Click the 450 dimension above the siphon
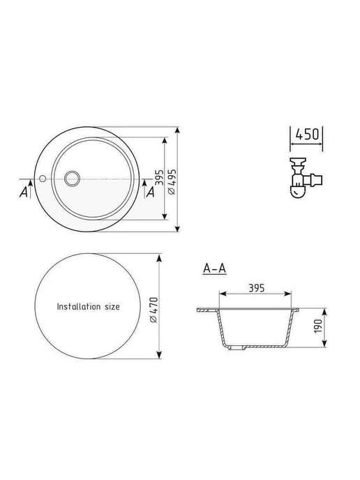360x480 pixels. pos(307,134)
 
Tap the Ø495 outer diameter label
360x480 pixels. pos(172,182)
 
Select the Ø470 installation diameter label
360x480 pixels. pos(153,310)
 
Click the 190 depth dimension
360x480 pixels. pos(318,326)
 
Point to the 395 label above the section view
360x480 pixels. pos(256,288)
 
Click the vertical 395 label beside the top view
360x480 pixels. pos(160,178)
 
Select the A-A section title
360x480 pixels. pos(215,269)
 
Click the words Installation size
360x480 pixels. pos(88,306)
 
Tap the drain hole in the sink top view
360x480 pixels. pos(73,178)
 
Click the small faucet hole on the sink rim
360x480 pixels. pos(43,179)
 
